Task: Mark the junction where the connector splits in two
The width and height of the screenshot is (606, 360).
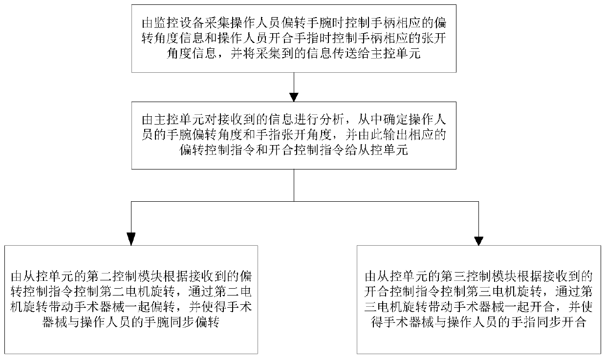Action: coord(294,201)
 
